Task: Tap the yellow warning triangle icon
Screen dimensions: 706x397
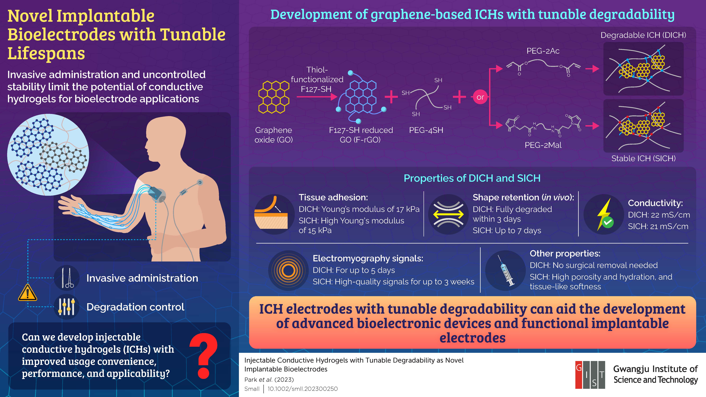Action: click(x=27, y=293)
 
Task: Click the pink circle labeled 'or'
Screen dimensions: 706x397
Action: click(x=480, y=97)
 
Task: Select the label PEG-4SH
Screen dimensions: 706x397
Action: click(x=426, y=130)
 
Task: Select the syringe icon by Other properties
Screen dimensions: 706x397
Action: click(x=506, y=271)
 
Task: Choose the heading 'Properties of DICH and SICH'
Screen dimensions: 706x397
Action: click(x=472, y=178)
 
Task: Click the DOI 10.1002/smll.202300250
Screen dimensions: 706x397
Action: click(x=303, y=389)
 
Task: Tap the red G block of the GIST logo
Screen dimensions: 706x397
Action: click(x=579, y=375)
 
